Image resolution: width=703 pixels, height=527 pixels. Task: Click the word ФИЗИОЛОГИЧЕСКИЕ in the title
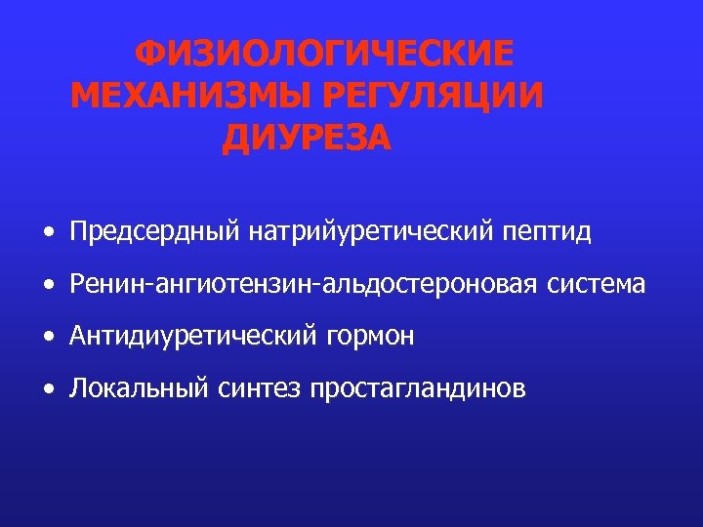tap(322, 54)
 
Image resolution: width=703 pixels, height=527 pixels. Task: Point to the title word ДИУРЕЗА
tap(307, 140)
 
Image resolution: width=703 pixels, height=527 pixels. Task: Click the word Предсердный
tap(155, 232)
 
